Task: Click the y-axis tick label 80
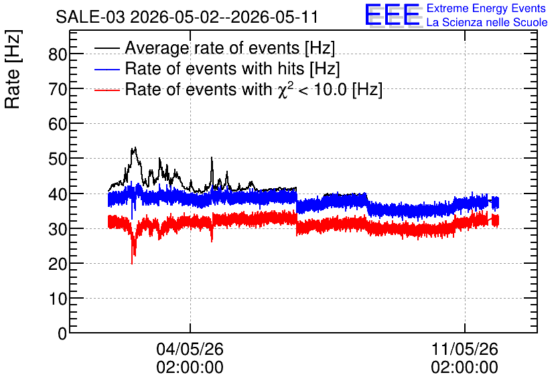tap(58, 55)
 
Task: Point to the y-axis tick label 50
tap(58, 159)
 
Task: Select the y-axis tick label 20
tap(58, 264)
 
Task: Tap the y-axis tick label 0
tap(62, 333)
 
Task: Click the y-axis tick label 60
tap(58, 125)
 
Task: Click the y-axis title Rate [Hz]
tap(13, 69)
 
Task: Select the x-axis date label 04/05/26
tap(190, 349)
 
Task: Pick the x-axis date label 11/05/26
tap(465, 349)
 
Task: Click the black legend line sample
tap(107, 48)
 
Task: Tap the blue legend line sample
tap(107, 69)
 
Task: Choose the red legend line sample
tap(107, 90)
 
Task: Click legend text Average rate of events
tap(212, 48)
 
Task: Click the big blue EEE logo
tap(393, 15)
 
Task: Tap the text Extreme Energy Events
tap(486, 8)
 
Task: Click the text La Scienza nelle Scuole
tap(487, 22)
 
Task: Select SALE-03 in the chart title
tap(90, 17)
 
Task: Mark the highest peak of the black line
tap(135, 147)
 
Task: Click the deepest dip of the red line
tap(132, 263)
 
